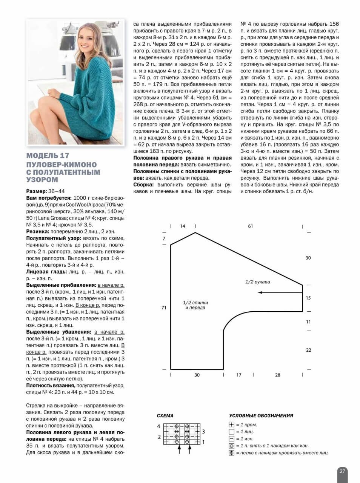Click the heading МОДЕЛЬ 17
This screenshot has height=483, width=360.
coord(48,156)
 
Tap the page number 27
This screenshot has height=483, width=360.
coord(342,471)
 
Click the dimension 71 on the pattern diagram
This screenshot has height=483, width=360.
coord(164,308)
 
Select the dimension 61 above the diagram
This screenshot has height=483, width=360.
coord(251,226)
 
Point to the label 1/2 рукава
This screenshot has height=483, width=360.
coord(258,282)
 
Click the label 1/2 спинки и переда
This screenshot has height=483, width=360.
coord(195,305)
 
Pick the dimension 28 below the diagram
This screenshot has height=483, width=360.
coord(278,375)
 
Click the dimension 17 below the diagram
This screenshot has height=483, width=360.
coord(239,375)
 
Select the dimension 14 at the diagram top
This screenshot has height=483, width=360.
coord(183,226)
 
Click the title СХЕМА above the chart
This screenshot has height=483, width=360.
coord(165,416)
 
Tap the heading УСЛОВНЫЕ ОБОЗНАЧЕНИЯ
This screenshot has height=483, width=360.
coord(261,416)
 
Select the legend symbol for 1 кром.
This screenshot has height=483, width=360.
coord(232,425)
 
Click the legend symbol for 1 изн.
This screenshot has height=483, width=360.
coord(232,439)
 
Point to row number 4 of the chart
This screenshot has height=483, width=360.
coord(159,427)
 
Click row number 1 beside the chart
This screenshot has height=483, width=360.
coord(203,442)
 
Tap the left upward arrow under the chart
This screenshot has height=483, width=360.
coord(179,449)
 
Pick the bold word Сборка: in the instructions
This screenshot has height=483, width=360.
coord(143,185)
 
